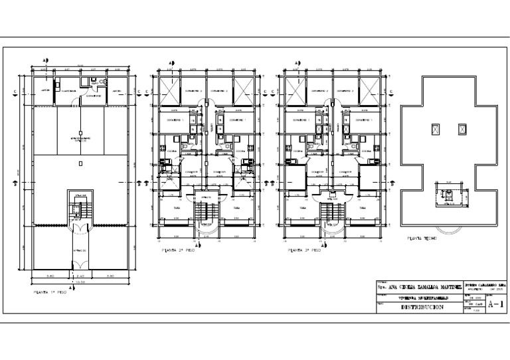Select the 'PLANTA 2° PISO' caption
tap(178, 252)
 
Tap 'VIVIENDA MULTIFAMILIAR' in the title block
tap(424, 298)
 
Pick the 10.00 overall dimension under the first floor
tap(79, 282)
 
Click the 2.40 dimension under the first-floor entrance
tap(79, 275)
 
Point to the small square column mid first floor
tap(79, 163)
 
